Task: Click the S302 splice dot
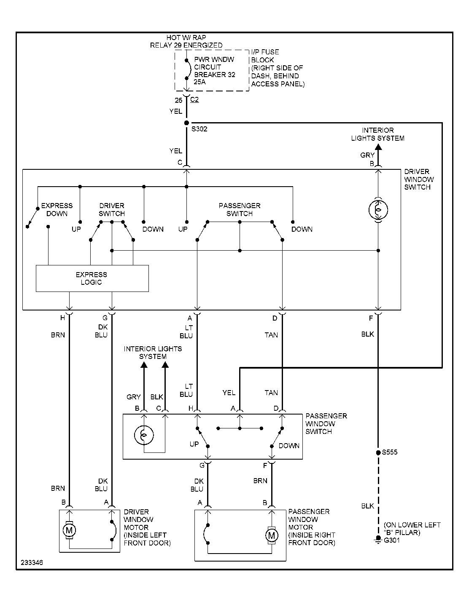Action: [x=186, y=123]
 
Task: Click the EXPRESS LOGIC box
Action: [x=92, y=278]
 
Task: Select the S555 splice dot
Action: [x=378, y=453]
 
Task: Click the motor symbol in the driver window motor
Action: [x=68, y=530]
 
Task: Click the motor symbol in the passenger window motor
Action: [x=271, y=535]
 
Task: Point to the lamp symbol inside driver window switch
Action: [x=378, y=209]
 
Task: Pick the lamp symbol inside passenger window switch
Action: [x=143, y=435]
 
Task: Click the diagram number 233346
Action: [x=31, y=562]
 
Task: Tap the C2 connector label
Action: [x=194, y=100]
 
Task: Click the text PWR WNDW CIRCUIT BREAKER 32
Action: [x=214, y=67]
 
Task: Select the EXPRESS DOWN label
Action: [x=57, y=209]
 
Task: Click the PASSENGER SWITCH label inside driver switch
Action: [x=240, y=209]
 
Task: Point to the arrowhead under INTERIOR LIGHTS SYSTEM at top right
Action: [x=378, y=147]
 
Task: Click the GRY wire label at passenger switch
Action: [x=133, y=397]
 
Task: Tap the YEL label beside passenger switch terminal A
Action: [x=229, y=393]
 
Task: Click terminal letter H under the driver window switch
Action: [x=62, y=318]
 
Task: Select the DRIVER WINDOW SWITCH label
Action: [x=418, y=179]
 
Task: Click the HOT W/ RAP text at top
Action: [x=186, y=37]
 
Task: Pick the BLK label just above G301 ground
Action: [x=367, y=506]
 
